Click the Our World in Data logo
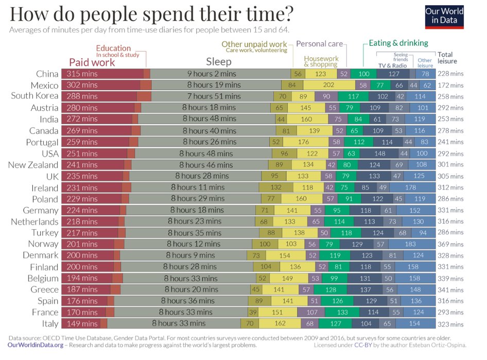click(x=444, y=16)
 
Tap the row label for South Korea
click(x=34, y=96)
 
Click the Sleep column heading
click(x=219, y=62)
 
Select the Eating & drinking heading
click(x=398, y=43)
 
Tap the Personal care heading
click(x=319, y=44)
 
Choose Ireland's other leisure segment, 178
click(x=410, y=187)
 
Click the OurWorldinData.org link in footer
click(x=36, y=345)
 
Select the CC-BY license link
click(x=363, y=345)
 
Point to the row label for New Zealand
click(x=33, y=165)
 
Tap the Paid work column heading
click(x=92, y=62)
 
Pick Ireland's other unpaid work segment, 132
click(x=276, y=187)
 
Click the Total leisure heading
click(x=446, y=58)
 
